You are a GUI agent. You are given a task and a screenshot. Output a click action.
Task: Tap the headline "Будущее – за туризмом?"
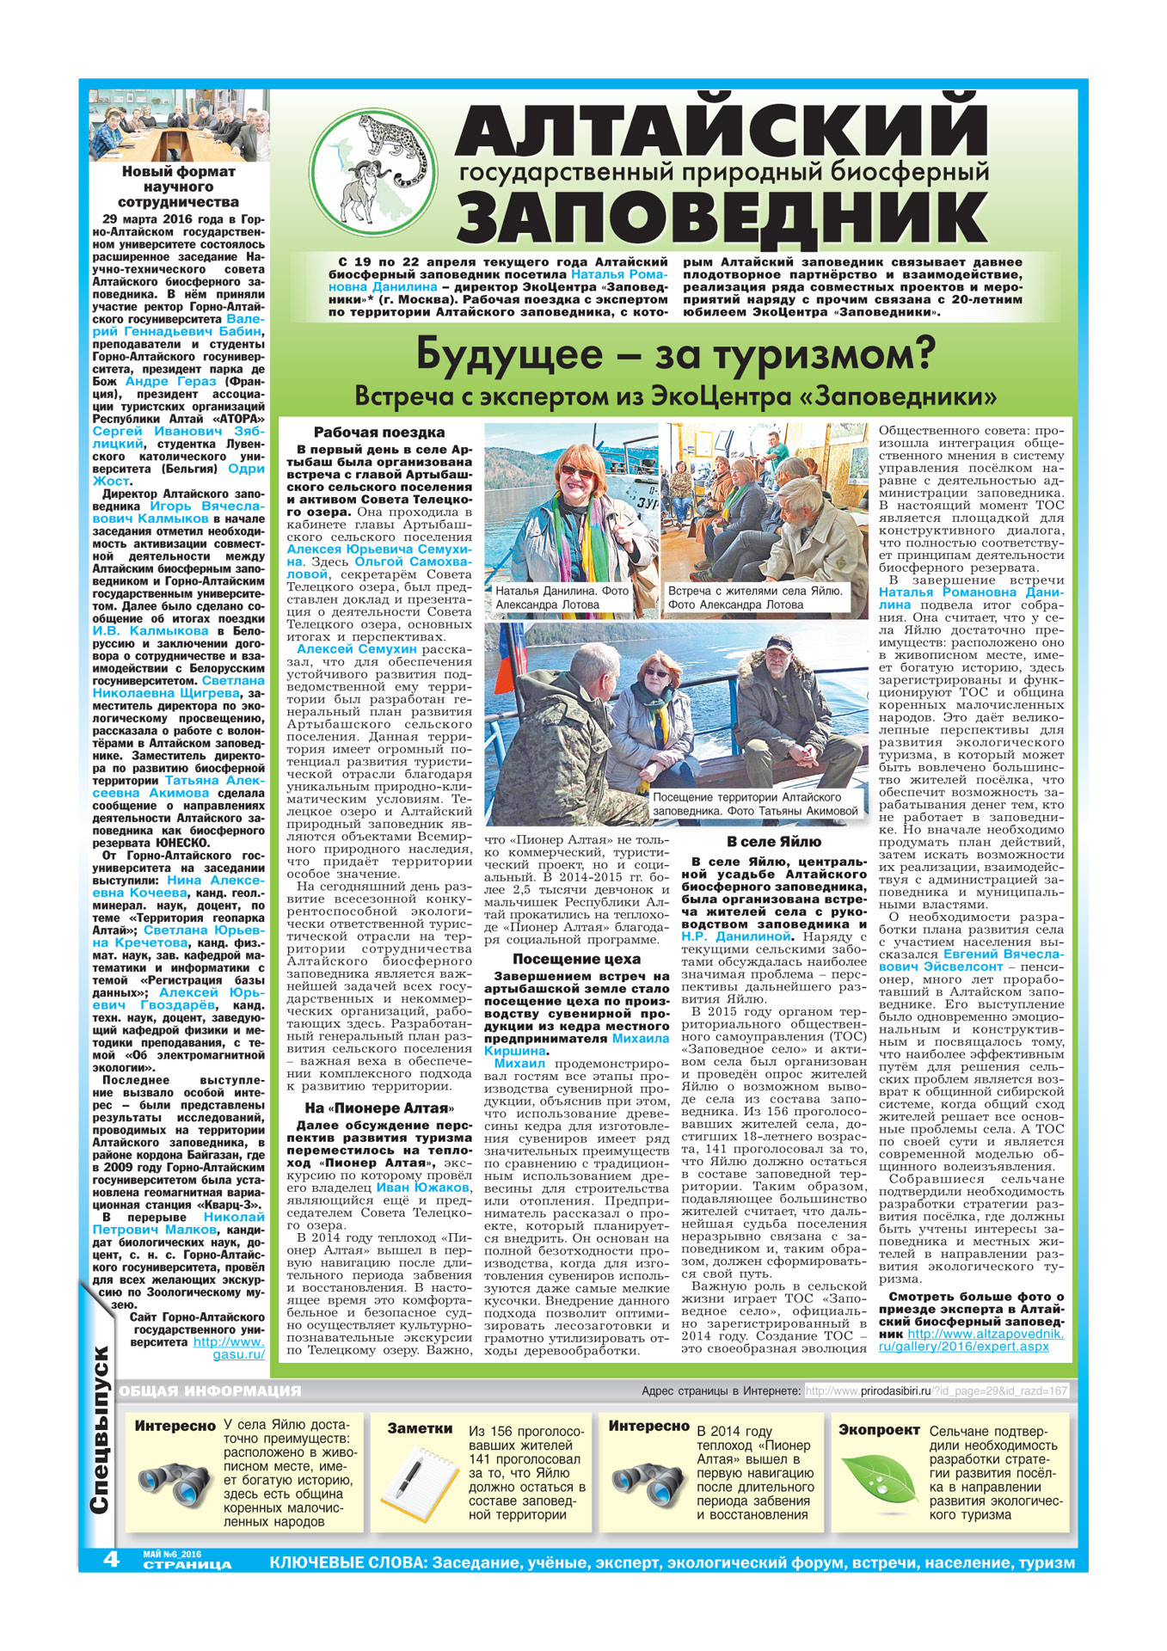click(x=675, y=355)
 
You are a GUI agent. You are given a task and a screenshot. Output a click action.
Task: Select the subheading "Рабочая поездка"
click(x=379, y=433)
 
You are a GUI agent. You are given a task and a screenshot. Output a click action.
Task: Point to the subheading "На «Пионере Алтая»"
click(x=378, y=1108)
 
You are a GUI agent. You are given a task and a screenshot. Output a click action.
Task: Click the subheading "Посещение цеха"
click(x=576, y=959)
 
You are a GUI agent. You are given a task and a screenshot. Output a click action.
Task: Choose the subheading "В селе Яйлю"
click(x=773, y=842)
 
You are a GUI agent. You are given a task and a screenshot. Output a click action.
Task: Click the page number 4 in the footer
click(x=111, y=1558)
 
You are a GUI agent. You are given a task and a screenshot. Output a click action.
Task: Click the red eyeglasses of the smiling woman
click(x=576, y=472)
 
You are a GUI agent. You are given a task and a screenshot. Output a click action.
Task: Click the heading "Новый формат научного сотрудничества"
click(x=178, y=187)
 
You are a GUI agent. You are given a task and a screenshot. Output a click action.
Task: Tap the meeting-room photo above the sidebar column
click(x=179, y=126)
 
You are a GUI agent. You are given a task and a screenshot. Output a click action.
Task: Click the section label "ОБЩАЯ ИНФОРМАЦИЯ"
click(x=211, y=1390)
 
